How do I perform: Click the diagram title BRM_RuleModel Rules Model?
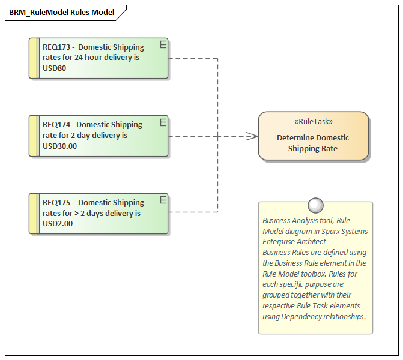pyautogui.click(x=61, y=12)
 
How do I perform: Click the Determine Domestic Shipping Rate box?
pyautogui.click(x=313, y=143)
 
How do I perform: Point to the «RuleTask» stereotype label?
pyautogui.click(x=313, y=121)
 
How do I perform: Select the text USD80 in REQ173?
pyautogui.click(x=55, y=68)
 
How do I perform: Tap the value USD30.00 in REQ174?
pyautogui.click(x=60, y=146)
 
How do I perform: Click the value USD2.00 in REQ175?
pyautogui.click(x=58, y=224)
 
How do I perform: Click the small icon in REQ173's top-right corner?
pyautogui.click(x=163, y=44)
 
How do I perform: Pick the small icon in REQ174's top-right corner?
pyautogui.click(x=163, y=122)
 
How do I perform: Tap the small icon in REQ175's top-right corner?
pyautogui.click(x=163, y=200)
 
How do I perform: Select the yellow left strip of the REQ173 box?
pyautogui.click(x=34, y=58)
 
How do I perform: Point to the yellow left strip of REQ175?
pyautogui.click(x=34, y=214)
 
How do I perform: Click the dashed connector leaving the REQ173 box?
pyautogui.click(x=192, y=58)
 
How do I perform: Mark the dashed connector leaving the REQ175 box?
pyautogui.click(x=192, y=212)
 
